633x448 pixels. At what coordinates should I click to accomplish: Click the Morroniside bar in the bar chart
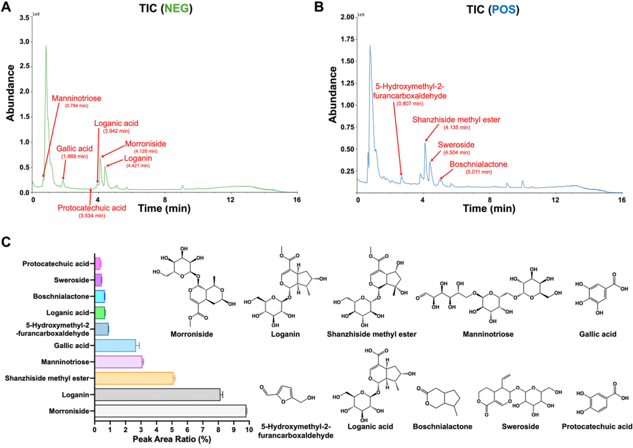pos(170,411)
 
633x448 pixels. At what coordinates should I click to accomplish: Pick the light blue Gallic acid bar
pos(115,345)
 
